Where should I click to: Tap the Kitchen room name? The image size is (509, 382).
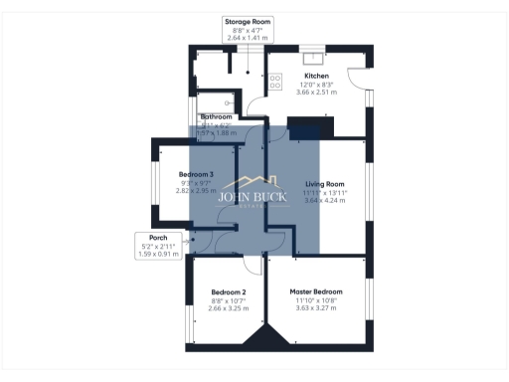pos(316,76)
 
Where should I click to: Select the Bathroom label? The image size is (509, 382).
pos(216,116)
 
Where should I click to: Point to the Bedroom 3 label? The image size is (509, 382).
pos(196,174)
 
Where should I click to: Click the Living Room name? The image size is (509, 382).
pos(324,184)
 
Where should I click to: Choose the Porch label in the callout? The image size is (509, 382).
pos(157,238)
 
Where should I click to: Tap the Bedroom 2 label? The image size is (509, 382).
pos(228,291)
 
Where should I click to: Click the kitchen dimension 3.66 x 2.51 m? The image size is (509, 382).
pos(316,92)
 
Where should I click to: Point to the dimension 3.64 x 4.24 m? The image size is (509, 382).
pos(324,200)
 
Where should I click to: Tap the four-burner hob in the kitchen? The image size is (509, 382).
pos(273,81)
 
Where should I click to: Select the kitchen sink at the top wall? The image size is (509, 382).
pos(309,57)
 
